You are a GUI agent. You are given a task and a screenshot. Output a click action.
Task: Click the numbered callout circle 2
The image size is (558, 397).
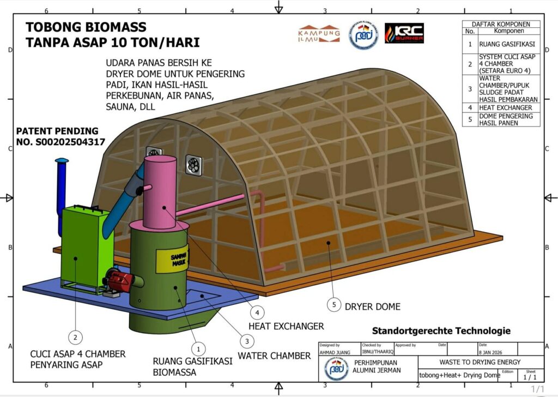[x=76, y=336]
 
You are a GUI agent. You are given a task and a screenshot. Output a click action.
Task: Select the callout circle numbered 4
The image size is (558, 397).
[x=257, y=312]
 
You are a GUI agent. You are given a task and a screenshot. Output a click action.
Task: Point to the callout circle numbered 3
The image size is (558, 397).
[x=247, y=341]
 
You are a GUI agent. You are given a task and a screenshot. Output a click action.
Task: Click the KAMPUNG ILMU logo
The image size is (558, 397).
[x=319, y=33]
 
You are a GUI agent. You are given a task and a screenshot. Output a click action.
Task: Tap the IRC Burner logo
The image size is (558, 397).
[x=404, y=33]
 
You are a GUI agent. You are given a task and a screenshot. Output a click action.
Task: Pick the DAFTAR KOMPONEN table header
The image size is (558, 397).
[x=501, y=24]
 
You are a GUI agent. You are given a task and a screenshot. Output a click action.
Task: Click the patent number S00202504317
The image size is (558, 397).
[x=60, y=142]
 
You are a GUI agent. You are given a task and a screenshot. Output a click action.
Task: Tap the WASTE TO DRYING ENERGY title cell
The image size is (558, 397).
[x=472, y=362]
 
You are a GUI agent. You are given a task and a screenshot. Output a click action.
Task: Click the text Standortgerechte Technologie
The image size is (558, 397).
[x=441, y=330]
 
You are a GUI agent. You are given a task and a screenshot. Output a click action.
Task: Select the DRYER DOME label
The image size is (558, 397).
[x=372, y=306]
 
